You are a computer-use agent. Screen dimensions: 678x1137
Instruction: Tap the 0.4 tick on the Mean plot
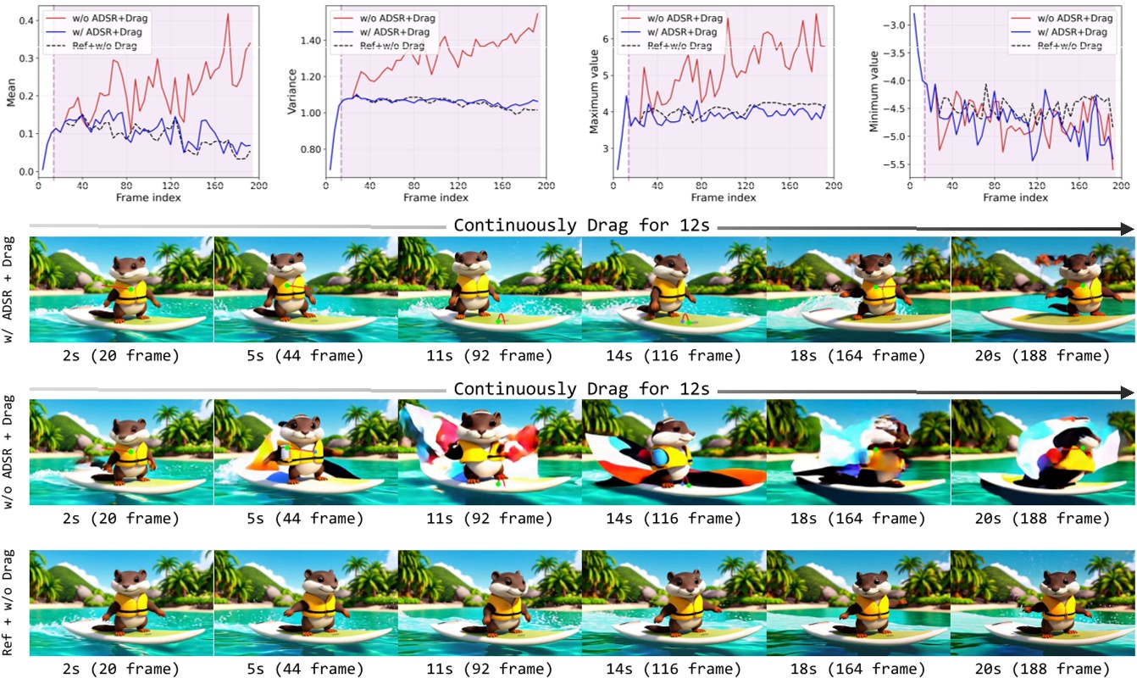click(x=26, y=20)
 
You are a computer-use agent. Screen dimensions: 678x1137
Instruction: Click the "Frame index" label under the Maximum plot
click(x=724, y=197)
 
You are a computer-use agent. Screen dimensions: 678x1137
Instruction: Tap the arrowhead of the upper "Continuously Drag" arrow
click(x=1127, y=227)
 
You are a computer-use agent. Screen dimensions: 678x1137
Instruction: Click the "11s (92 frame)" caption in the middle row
click(x=488, y=519)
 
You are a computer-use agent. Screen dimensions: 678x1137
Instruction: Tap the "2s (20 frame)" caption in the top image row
click(x=121, y=355)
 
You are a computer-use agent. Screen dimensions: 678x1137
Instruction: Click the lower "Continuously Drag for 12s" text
click(x=581, y=390)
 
